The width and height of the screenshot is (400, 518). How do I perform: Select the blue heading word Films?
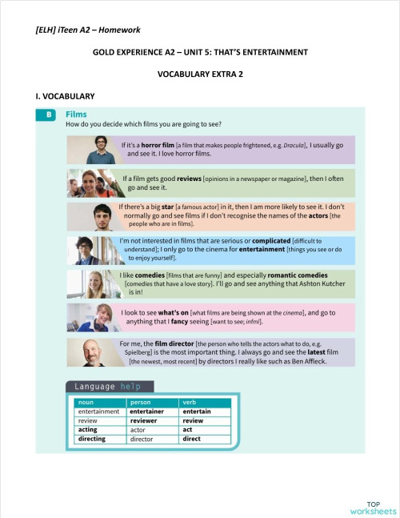tap(76, 114)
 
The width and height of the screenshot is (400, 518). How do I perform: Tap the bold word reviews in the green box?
tap(185, 179)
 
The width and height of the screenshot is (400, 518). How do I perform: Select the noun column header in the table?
tap(85, 403)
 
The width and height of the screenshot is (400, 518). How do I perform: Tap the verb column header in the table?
tap(190, 403)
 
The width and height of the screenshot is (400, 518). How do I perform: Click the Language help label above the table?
tap(109, 387)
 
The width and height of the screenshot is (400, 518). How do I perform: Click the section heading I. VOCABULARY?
tap(59, 96)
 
